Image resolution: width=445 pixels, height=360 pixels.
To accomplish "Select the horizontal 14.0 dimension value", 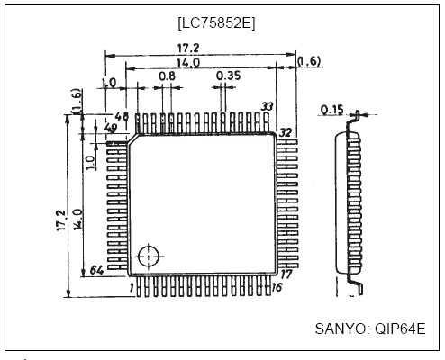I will click(188, 63).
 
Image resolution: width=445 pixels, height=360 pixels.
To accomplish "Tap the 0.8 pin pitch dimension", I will click(167, 77).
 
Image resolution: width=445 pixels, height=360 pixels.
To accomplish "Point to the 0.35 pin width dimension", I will click(228, 77).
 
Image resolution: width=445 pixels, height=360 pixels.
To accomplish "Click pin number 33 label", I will click(267, 107).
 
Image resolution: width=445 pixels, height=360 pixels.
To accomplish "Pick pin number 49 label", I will click(114, 129).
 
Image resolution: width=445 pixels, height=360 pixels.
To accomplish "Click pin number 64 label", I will click(97, 270).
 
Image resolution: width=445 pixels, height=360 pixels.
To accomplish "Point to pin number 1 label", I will click(132, 287).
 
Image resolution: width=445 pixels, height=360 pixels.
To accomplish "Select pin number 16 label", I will click(277, 286).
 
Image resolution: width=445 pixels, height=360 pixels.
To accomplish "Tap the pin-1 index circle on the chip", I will click(149, 256).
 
